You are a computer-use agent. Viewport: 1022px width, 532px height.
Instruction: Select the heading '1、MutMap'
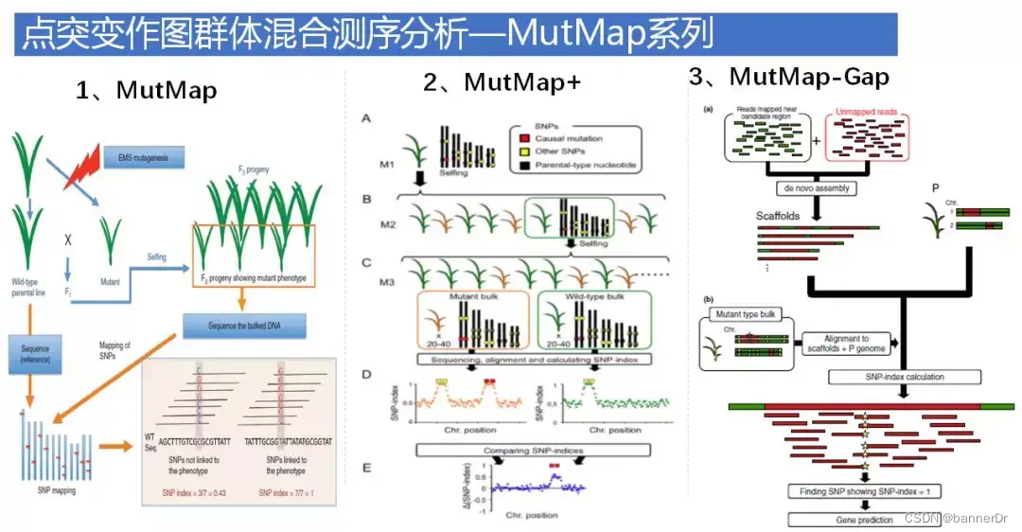(x=147, y=91)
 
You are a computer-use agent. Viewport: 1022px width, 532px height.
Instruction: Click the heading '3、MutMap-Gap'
(x=790, y=77)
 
